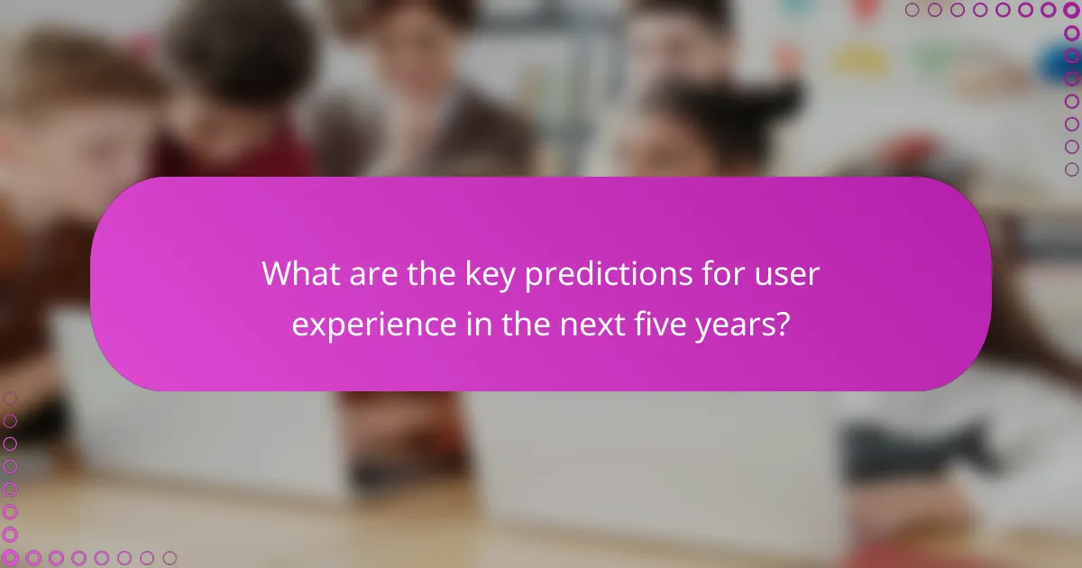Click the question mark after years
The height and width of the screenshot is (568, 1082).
click(783, 324)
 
